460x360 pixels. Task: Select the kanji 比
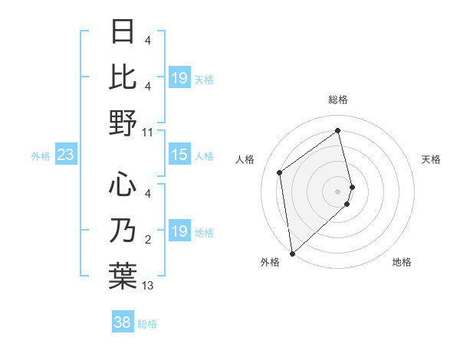pyautogui.click(x=123, y=77)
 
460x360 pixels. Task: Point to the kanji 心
pyautogui.click(x=123, y=185)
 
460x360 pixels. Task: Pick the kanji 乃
pyautogui.click(x=123, y=230)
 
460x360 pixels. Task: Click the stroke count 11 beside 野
pyautogui.click(x=148, y=133)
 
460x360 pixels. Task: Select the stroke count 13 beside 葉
pyautogui.click(x=148, y=286)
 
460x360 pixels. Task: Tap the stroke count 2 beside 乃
pyautogui.click(x=148, y=241)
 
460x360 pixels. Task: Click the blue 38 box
pyautogui.click(x=123, y=323)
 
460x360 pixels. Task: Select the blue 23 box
pyautogui.click(x=66, y=155)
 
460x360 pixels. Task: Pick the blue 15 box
pyautogui.click(x=179, y=155)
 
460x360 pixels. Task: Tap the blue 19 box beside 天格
pyautogui.click(x=179, y=78)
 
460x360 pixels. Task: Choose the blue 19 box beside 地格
pyautogui.click(x=179, y=232)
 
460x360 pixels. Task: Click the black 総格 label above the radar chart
pyautogui.click(x=338, y=100)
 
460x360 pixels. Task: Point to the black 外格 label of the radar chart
pyautogui.click(x=270, y=263)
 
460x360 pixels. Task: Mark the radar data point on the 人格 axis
pyautogui.click(x=280, y=172)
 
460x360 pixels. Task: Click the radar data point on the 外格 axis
pyautogui.click(x=292, y=254)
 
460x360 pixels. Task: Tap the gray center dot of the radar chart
pyautogui.click(x=338, y=191)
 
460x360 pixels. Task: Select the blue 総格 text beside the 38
pyautogui.click(x=147, y=324)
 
